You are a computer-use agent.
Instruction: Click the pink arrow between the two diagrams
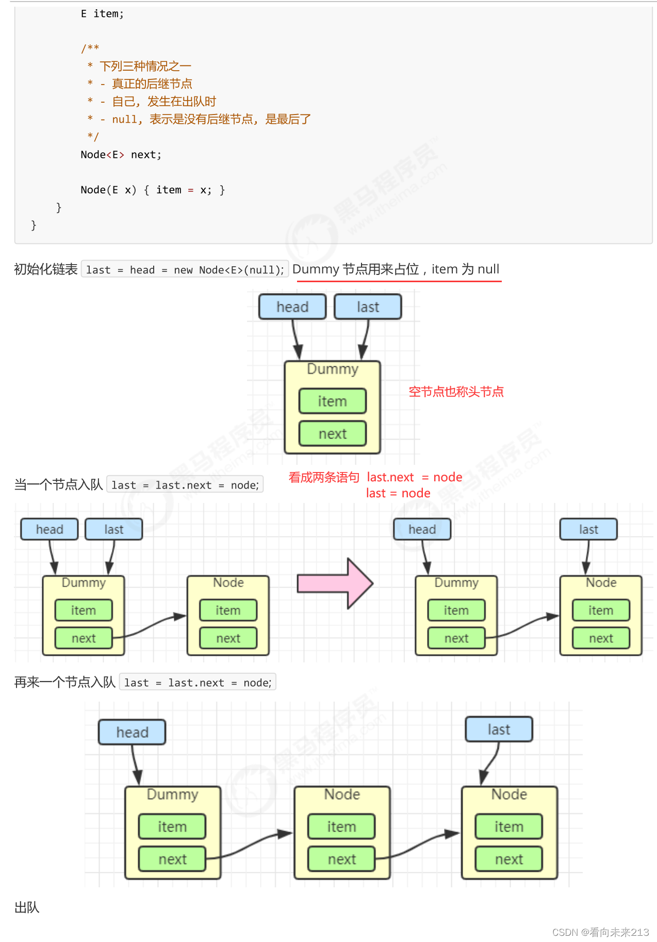click(335, 583)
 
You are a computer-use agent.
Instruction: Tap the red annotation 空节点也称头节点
click(456, 392)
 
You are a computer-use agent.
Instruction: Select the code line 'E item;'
click(102, 14)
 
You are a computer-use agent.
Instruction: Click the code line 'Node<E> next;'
click(121, 155)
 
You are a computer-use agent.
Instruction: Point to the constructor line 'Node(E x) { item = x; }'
click(153, 190)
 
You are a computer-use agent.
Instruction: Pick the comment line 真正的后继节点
click(152, 84)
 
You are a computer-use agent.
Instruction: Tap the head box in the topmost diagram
click(292, 307)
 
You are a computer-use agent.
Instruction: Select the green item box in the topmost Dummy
click(332, 401)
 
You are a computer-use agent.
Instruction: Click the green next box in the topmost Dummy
click(332, 434)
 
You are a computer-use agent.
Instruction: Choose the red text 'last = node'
click(398, 493)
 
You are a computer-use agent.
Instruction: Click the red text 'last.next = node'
click(414, 477)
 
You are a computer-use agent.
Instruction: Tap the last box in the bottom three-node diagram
click(499, 729)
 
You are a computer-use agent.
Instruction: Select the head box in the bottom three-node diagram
click(132, 732)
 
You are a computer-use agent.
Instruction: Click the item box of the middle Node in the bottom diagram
click(341, 826)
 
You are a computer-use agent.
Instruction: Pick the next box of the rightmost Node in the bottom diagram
click(508, 859)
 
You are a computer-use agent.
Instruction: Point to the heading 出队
click(27, 907)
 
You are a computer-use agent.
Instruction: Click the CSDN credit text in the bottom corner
click(600, 932)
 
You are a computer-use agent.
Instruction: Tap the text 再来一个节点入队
click(65, 683)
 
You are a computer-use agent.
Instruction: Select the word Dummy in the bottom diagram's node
click(172, 794)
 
